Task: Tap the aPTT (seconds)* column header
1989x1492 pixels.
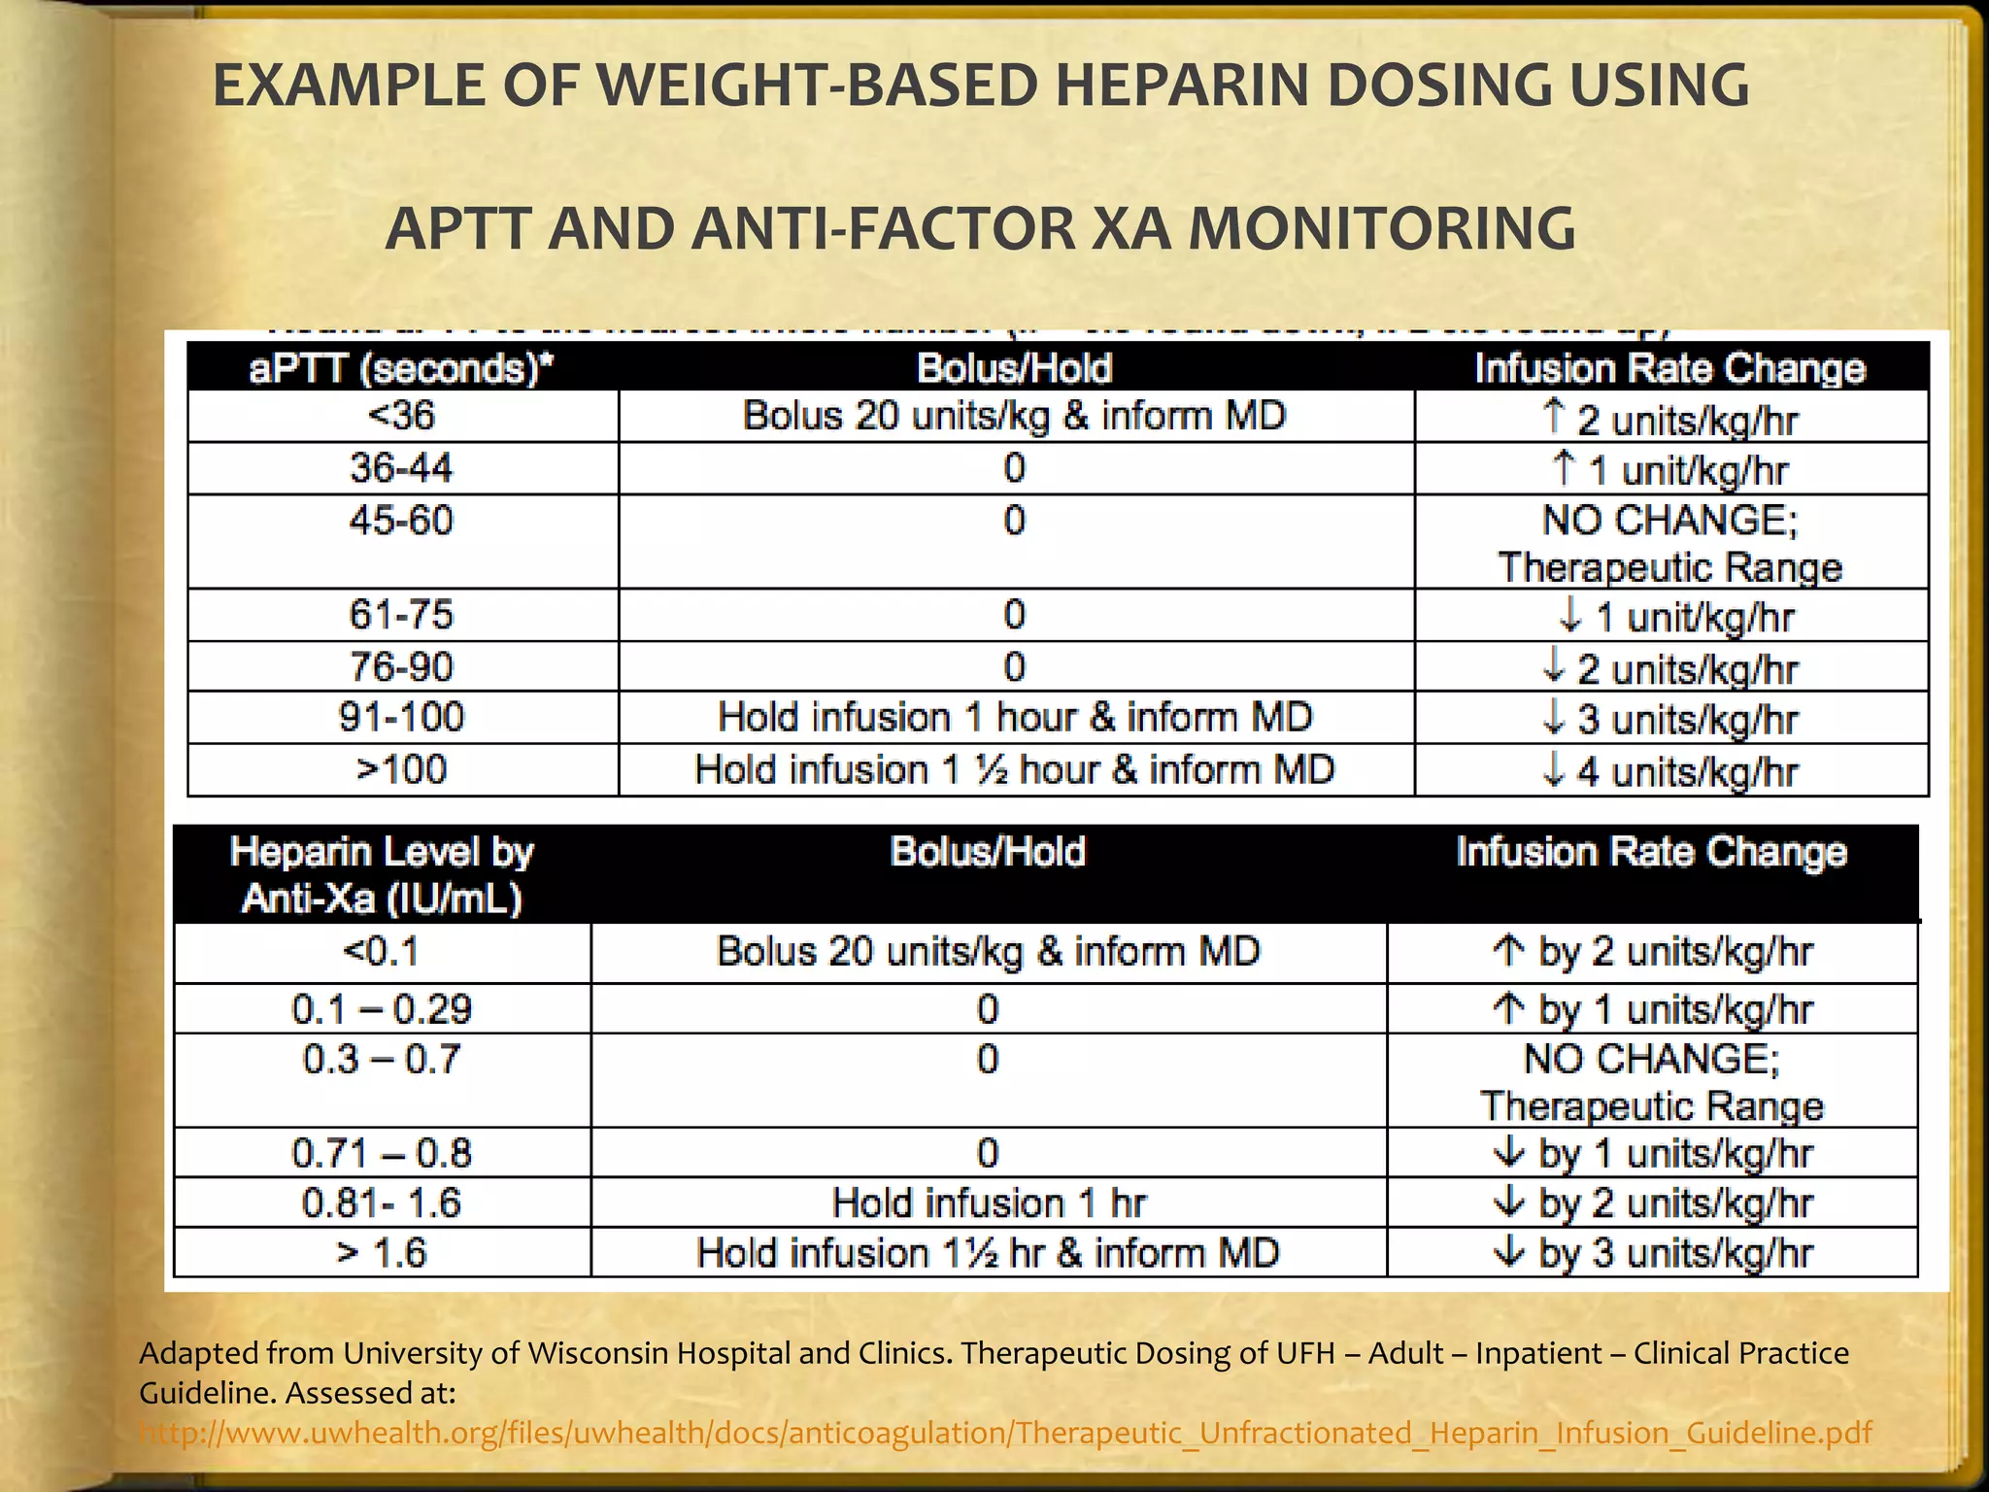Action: (401, 369)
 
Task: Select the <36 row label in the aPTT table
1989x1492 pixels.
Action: (401, 417)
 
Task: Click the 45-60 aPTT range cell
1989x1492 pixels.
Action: (401, 522)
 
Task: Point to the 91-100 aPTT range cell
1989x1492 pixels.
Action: (401, 718)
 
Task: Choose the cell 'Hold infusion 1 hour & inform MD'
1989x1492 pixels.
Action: (1015, 718)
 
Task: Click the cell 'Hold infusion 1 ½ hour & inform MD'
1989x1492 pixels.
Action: (1015, 770)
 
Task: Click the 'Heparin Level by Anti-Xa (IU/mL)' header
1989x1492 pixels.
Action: (382, 874)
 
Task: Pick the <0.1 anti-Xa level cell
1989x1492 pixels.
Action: (382, 952)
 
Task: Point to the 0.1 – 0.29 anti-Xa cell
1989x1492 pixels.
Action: (382, 1009)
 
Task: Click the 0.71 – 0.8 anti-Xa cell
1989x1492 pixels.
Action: (382, 1154)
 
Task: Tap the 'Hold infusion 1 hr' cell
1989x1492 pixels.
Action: (989, 1204)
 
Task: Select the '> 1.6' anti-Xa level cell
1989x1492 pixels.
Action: (382, 1253)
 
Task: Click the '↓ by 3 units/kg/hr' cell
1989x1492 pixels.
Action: (1652, 1253)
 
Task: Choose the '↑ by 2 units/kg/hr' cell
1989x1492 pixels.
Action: (1652, 952)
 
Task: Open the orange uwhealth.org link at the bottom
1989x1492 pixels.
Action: (1005, 1433)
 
